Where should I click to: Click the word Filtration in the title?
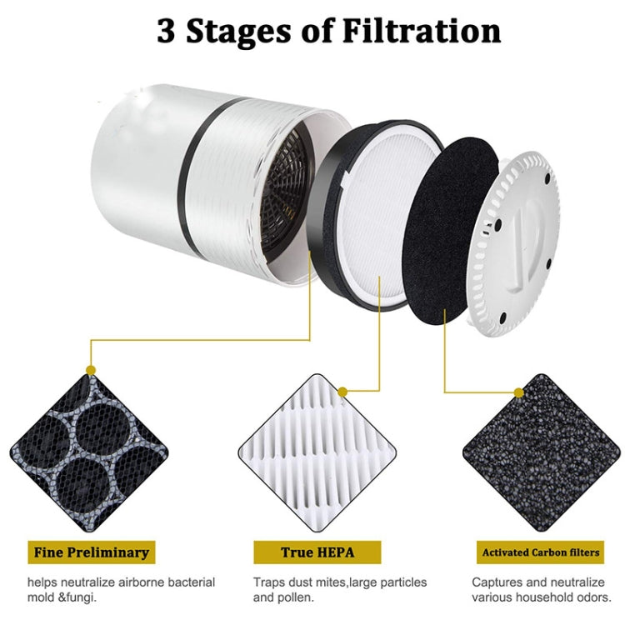(424, 31)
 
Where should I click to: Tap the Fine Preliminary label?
(92, 552)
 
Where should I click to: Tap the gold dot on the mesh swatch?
(91, 369)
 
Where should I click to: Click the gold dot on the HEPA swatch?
(342, 391)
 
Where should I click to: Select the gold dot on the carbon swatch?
(519, 392)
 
